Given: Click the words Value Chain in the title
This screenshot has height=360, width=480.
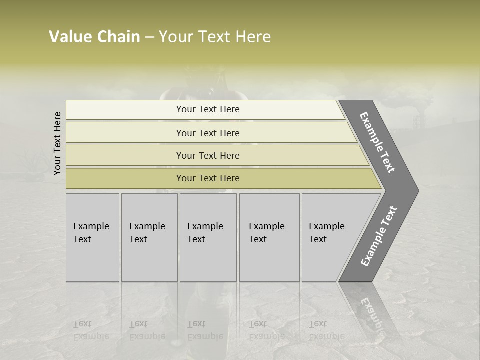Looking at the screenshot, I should coord(94,37).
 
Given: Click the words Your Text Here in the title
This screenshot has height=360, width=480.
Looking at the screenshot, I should coord(215,37).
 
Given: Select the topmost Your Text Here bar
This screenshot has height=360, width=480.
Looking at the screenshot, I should coord(208,109).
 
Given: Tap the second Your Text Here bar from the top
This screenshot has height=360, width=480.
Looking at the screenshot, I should coord(208,133).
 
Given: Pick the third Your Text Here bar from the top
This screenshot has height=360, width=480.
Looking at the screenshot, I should coord(208,155).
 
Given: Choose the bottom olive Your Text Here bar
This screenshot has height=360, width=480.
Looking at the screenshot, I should coord(208,178).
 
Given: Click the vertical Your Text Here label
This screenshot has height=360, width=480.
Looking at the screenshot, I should coord(57,143).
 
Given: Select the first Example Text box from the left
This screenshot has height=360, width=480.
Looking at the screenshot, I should coord(92,237).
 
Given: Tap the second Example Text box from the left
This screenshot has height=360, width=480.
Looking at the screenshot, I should coord(149,237).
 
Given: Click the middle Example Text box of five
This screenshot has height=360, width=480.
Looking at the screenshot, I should coord(208,237).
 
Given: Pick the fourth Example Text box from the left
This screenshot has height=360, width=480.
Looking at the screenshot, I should coord(269,237).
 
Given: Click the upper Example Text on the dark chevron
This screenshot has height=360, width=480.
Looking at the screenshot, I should coord(378,142).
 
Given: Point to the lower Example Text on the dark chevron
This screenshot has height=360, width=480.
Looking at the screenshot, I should coord(379,236).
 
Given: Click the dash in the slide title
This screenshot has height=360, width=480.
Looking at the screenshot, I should coord(149,37).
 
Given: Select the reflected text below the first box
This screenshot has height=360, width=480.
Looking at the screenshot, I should coord(91,330).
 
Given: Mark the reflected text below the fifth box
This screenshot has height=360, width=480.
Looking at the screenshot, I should coord(326,330).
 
